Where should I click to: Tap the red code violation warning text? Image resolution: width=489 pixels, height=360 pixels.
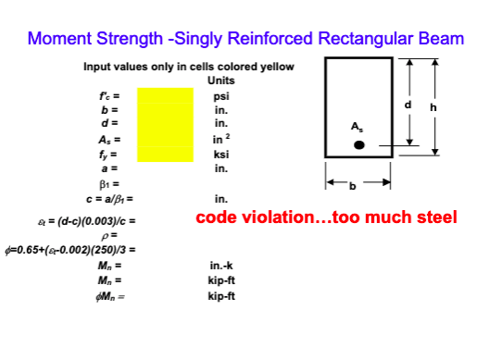[x=326, y=218]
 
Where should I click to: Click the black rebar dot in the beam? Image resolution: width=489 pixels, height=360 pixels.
[x=359, y=145]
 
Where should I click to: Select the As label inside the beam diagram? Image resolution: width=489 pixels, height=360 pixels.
[x=357, y=125]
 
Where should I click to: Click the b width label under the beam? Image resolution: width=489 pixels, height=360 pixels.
[x=351, y=184]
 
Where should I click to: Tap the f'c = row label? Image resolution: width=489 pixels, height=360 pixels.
[x=110, y=95]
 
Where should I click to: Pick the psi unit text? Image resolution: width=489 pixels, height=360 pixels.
[x=221, y=95]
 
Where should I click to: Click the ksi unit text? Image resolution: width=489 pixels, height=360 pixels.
[x=221, y=155]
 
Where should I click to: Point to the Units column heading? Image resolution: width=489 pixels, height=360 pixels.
[x=221, y=81]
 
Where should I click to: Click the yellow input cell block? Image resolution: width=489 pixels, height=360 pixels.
[x=165, y=125]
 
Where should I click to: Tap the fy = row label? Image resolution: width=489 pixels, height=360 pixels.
[x=111, y=155]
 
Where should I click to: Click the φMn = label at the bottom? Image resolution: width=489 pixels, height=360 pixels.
[x=110, y=295]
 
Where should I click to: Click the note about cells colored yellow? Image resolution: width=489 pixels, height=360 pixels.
[x=189, y=67]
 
